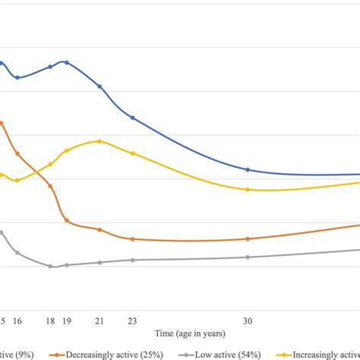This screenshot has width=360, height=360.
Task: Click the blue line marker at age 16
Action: (x=17, y=77)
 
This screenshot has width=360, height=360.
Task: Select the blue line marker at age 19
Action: (x=67, y=62)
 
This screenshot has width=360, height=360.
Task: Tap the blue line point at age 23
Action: (x=133, y=118)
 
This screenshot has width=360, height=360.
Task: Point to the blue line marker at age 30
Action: (x=248, y=169)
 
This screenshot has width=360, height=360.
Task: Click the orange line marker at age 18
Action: (x=51, y=186)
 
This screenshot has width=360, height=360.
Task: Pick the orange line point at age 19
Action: (x=67, y=220)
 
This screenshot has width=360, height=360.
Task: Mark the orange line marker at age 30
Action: (x=248, y=238)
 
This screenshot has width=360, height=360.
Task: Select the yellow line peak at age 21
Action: (x=99, y=141)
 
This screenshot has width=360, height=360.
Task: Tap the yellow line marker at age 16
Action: (x=17, y=180)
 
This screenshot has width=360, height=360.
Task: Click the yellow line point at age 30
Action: (x=248, y=189)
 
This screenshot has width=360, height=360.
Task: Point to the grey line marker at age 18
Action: (x=51, y=267)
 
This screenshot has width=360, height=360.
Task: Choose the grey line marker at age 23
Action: (x=133, y=260)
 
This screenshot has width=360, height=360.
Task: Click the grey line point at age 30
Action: (x=248, y=257)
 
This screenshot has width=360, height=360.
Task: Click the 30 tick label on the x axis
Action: (x=248, y=321)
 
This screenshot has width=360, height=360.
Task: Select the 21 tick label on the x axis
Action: (x=99, y=321)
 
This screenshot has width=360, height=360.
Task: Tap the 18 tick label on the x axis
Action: (x=51, y=321)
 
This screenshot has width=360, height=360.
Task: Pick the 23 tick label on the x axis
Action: (x=133, y=321)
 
